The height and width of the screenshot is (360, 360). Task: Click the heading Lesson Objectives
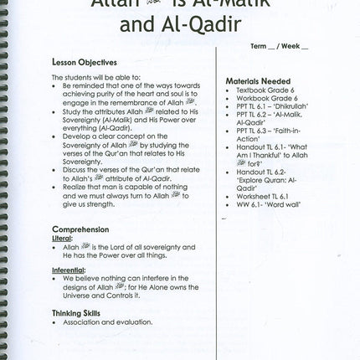click(x=84, y=62)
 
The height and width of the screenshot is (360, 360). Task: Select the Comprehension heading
click(x=80, y=229)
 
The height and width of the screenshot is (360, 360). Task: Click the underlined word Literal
click(x=63, y=238)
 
